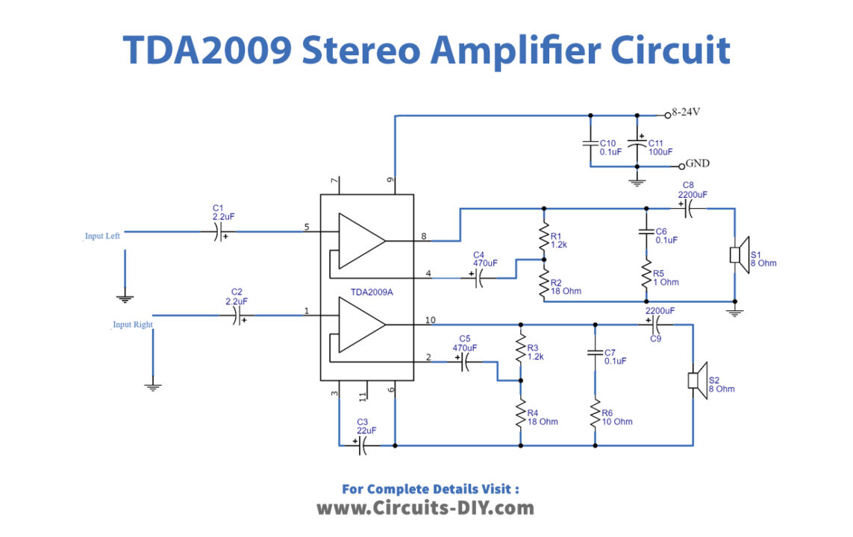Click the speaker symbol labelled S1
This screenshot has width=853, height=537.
(735, 254)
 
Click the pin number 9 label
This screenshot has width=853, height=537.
(390, 180)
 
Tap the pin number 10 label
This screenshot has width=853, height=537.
(431, 321)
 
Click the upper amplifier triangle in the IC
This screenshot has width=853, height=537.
(360, 241)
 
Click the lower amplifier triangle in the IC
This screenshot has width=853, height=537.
(360, 325)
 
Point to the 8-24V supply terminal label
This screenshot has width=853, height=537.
(687, 113)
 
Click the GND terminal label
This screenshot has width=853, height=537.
(698, 163)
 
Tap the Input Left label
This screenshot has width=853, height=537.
(102, 236)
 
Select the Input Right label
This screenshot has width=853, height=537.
(132, 324)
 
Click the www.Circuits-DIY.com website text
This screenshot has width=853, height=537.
(425, 509)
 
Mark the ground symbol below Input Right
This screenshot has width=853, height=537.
(153, 386)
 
